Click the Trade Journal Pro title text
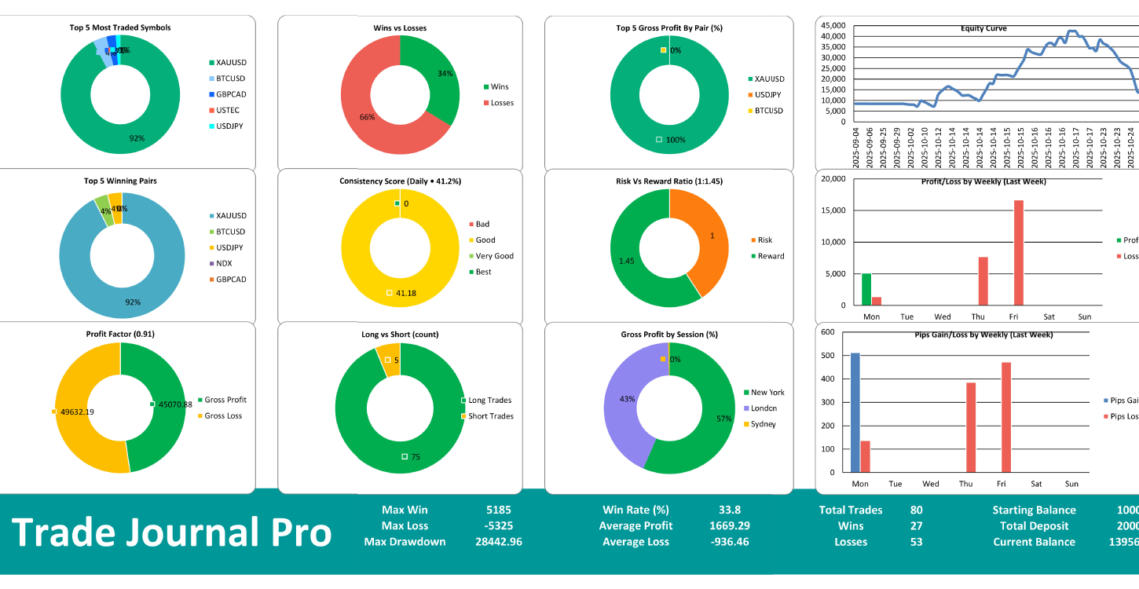coord(171,532)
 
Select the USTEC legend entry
coord(227,110)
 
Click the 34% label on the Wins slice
coord(445,75)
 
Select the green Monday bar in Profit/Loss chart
coord(866,289)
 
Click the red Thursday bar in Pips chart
coord(970,427)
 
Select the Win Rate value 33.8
coord(730,510)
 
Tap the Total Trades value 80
coord(916,510)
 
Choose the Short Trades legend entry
coord(490,416)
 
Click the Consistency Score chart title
coord(400,181)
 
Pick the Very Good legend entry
coord(495,256)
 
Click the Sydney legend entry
coord(763,424)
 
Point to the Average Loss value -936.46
coord(730,542)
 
